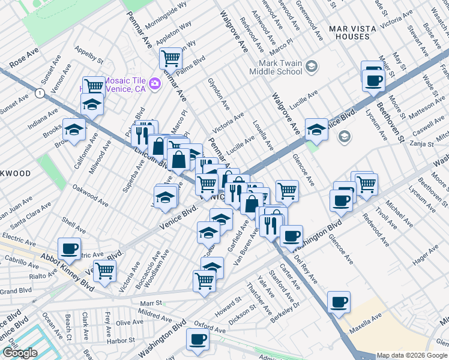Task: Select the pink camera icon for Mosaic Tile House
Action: (154, 83)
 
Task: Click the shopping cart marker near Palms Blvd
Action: (171, 58)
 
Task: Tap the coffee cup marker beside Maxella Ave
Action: (339, 302)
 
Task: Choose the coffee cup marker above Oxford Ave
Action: (197, 340)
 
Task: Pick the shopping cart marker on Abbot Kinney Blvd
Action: (104, 271)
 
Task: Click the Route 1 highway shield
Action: (40, 93)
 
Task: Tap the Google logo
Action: (20, 353)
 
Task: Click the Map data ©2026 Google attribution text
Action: (412, 355)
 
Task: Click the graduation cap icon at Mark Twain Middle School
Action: (311, 66)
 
